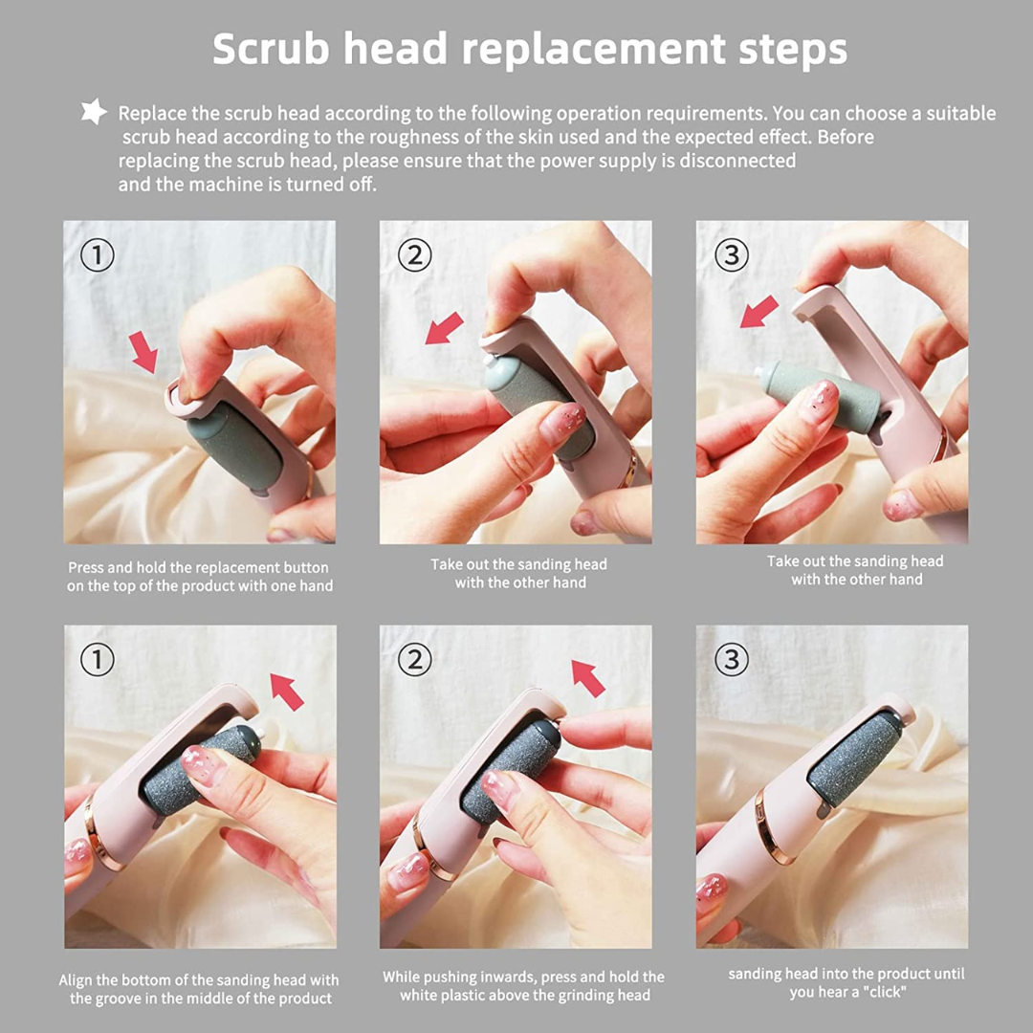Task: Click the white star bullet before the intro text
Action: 93,113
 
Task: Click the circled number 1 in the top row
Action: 97,255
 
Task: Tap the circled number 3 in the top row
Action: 732,255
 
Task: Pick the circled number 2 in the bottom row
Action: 415,659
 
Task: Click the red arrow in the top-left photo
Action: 143,352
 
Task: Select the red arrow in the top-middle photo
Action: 444,328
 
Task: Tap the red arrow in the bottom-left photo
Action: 287,691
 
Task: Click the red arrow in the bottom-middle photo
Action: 588,677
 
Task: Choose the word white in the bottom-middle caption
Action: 421,996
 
